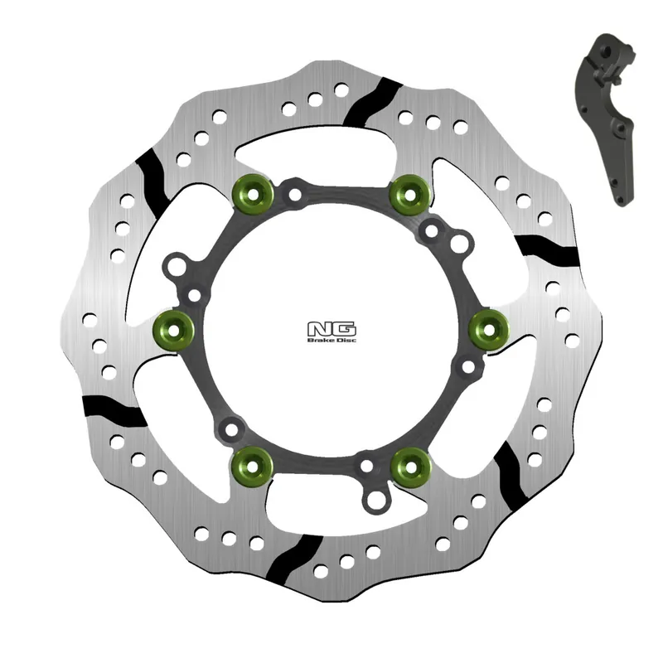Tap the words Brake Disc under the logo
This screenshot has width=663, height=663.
(331, 340)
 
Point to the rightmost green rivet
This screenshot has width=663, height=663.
(487, 331)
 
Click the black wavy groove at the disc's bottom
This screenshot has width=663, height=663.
(296, 559)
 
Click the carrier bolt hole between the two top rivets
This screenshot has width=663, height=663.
(295, 196)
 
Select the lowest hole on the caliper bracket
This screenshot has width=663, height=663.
(621, 198)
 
